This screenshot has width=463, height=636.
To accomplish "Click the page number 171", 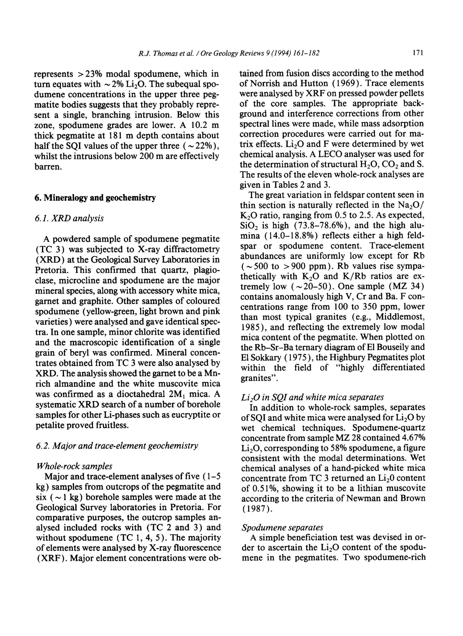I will pyautogui.click(x=418, y=53).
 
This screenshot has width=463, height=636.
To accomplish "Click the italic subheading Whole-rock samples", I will pyautogui.click(x=74, y=466).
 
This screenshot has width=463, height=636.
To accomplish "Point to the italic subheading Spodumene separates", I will pyautogui.click(x=282, y=528).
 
